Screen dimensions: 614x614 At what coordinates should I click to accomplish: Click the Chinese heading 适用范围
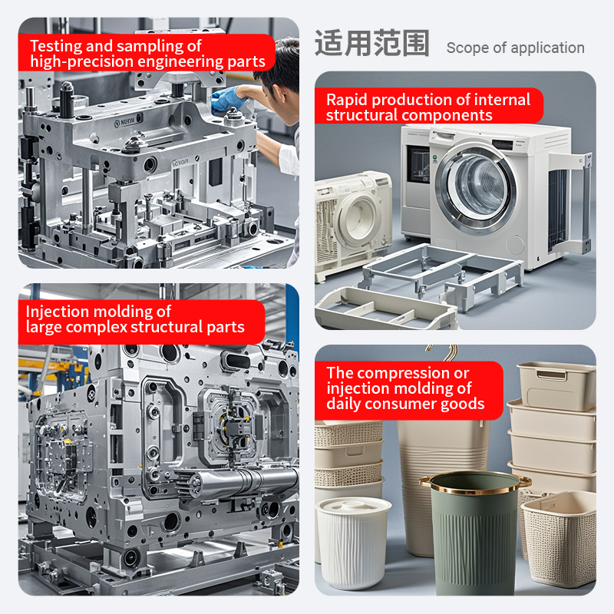point(372,43)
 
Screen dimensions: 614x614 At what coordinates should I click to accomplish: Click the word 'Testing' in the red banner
point(56,46)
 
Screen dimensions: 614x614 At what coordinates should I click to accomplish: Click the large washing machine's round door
point(476,189)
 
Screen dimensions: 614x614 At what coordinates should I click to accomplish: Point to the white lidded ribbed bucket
point(353,543)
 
